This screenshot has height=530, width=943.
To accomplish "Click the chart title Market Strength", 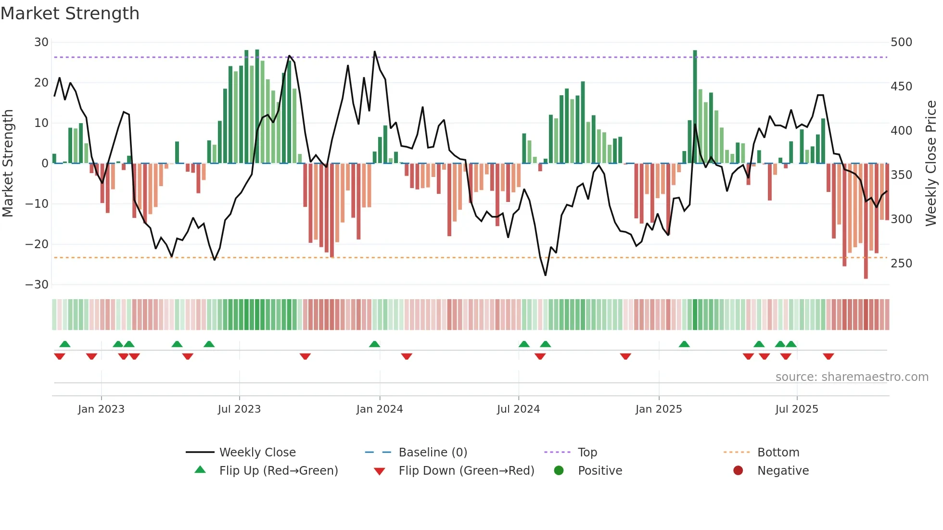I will point(70,13).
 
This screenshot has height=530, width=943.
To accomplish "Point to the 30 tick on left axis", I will point(41,42).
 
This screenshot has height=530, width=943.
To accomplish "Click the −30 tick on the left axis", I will point(38,285).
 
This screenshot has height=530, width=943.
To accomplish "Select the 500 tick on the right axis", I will point(901,42).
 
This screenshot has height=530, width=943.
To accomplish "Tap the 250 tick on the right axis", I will point(901,264).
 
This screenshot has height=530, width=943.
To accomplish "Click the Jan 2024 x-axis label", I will point(379,409).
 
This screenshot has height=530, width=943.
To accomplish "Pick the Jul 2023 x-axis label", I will point(239,409).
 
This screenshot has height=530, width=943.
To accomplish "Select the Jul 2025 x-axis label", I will point(797,409).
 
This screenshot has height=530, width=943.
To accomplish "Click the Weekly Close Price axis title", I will point(931,164).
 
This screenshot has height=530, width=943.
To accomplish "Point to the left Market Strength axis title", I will point(8,164).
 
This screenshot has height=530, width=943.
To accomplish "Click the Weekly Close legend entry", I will point(257,453).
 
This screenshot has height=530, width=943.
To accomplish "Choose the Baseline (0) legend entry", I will point(433,453).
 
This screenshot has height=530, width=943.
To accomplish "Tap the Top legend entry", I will point(587,453).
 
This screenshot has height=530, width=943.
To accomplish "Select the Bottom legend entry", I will point(778,453).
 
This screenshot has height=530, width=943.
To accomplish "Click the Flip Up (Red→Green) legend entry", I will point(278,471).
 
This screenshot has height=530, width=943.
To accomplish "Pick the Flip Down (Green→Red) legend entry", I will point(466,471).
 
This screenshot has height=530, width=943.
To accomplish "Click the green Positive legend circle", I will point(559,471).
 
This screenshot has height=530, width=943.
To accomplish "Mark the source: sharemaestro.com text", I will point(852,377).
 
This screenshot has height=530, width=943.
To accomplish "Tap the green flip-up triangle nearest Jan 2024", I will point(374,344).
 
